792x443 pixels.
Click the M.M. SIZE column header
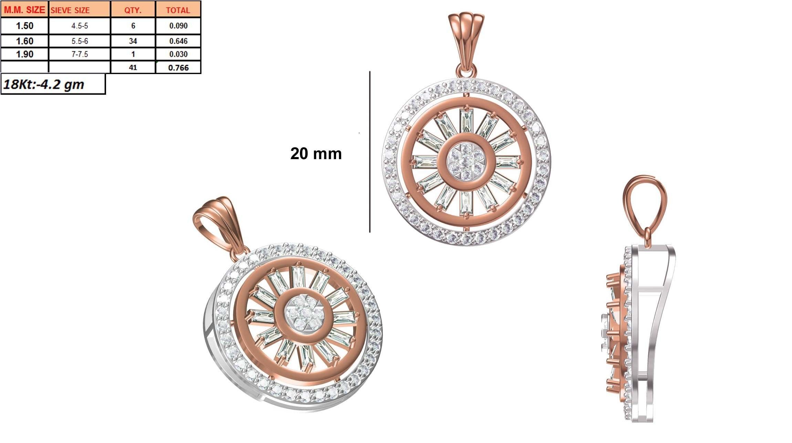(x=24, y=10)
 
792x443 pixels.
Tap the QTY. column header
(x=133, y=10)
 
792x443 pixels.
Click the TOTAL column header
(x=178, y=10)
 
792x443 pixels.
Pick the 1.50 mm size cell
(x=24, y=26)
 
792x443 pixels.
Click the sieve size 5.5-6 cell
(x=80, y=41)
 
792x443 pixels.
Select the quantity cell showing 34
(x=133, y=41)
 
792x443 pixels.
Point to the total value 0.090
(x=178, y=26)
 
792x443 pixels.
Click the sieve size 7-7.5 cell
(x=80, y=54)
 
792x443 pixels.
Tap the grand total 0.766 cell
(x=178, y=68)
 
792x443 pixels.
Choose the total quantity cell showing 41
(x=133, y=68)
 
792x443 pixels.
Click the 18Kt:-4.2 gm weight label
(x=44, y=84)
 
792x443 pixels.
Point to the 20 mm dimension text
(x=316, y=154)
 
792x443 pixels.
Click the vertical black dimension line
(x=370, y=152)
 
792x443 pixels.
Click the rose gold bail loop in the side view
(x=644, y=203)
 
